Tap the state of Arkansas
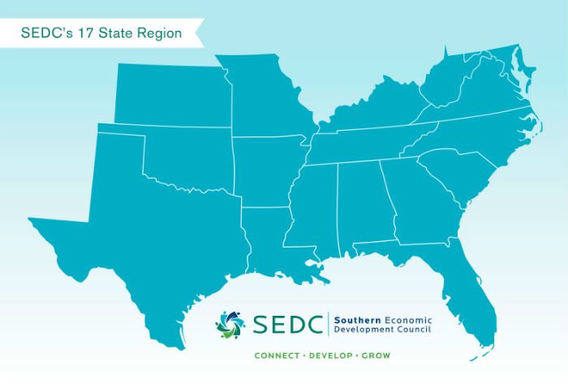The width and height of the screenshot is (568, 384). [265, 170]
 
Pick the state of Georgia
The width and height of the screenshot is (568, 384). [414, 203]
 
